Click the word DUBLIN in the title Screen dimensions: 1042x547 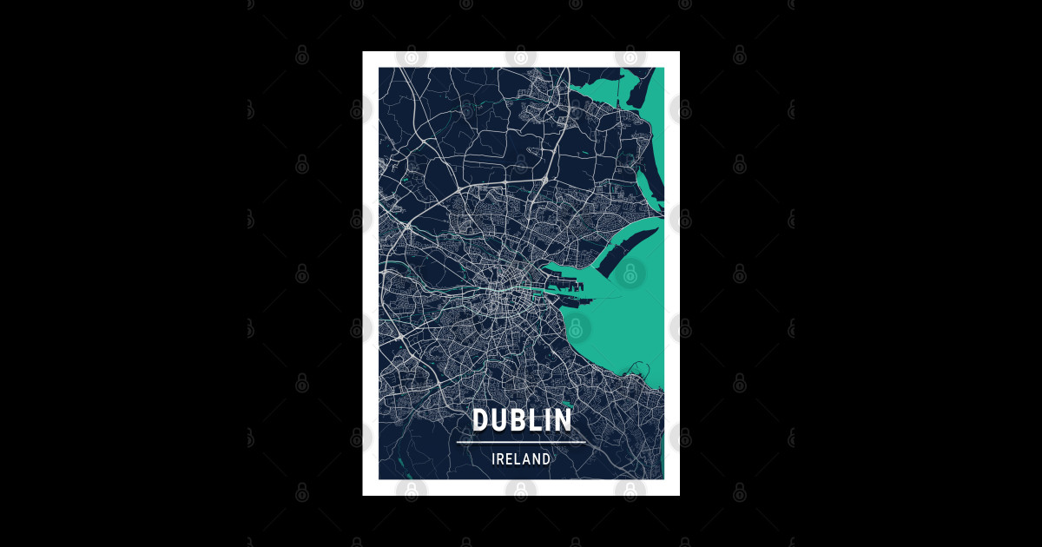point(522,420)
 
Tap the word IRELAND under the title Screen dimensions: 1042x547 point(521,459)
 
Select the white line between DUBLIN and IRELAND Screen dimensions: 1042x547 point(521,443)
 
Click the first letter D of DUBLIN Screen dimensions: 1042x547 point(481,420)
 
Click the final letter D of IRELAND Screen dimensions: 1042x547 point(546,459)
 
